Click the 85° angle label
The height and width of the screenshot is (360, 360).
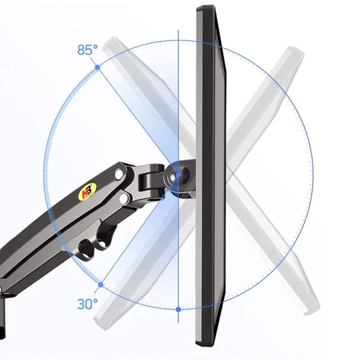click(88, 50)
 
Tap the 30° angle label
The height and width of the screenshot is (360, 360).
click(88, 304)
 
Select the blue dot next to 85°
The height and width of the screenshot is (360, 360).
click(97, 68)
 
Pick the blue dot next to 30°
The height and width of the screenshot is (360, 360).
click(100, 285)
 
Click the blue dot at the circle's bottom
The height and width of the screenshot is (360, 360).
click(178, 309)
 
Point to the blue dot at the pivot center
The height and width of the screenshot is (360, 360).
click(178, 175)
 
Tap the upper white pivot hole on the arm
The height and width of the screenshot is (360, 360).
click(119, 174)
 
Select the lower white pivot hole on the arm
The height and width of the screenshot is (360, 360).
click(124, 198)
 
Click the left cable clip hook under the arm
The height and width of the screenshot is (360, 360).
click(86, 249)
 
